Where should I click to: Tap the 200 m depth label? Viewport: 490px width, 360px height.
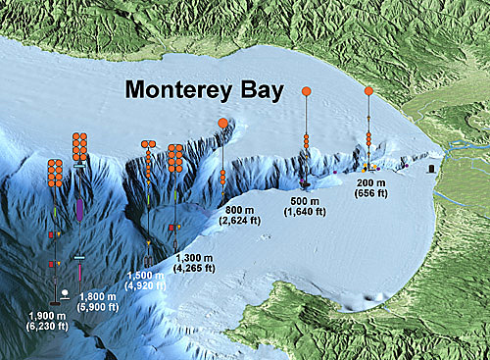coord(370,183)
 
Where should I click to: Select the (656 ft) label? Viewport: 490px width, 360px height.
coord(370,194)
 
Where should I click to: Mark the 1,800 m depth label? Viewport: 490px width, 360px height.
coord(99,295)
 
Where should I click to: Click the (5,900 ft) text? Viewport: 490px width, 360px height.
coord(99,307)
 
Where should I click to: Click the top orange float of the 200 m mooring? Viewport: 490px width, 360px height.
coord(367,91)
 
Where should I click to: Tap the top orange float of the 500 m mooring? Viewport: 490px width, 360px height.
coord(306,91)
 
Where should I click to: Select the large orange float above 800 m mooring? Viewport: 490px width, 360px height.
coord(223,124)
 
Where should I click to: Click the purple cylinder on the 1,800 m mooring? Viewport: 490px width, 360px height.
coord(78,209)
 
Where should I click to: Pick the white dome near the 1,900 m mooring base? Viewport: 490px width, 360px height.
coord(64,292)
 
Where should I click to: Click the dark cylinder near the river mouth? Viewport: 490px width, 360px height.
coord(431,168)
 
